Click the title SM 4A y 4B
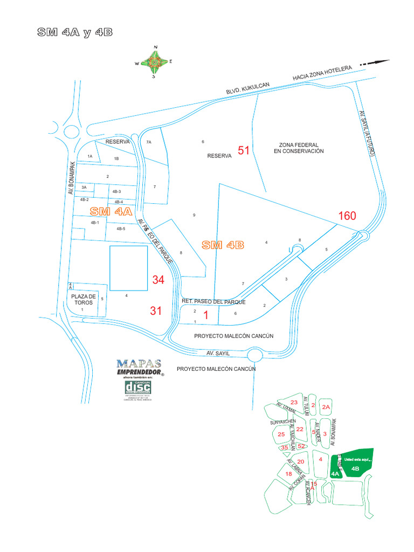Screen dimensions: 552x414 (x=74, y=32)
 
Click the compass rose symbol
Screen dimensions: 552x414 (x=155, y=63)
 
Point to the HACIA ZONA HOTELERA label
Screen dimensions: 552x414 (x=322, y=73)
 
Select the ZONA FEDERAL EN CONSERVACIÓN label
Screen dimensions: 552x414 (x=299, y=148)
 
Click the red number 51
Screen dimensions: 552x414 (x=244, y=150)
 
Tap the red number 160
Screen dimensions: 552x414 (x=347, y=216)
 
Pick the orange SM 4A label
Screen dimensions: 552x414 (x=111, y=211)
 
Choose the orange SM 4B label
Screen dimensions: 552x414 (x=223, y=245)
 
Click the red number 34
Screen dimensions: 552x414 (x=158, y=280)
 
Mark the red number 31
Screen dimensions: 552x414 (x=156, y=310)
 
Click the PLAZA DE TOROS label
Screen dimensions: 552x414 (x=83, y=300)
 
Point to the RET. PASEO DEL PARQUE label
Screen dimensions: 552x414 (x=213, y=302)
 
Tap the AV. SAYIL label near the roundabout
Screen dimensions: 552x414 (x=218, y=354)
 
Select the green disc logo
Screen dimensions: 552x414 (x=138, y=388)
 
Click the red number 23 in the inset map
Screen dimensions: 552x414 (x=294, y=403)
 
